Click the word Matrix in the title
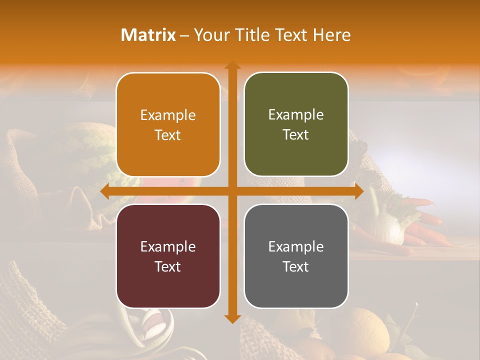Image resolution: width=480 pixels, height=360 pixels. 148,35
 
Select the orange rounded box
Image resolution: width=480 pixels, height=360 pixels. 168,124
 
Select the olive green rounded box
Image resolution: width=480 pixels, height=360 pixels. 296,124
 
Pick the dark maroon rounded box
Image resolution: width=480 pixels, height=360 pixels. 168,256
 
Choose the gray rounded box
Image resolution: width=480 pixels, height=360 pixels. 296,256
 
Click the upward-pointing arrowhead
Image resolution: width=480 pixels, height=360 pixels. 232,65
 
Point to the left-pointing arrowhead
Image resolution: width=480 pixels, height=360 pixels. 104,191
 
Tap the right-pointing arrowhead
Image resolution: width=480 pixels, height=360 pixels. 358,191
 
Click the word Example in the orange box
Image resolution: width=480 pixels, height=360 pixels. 168,115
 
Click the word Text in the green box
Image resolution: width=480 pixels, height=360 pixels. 296,135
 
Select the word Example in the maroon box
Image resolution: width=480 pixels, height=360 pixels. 168,246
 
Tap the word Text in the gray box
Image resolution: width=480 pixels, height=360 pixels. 296,266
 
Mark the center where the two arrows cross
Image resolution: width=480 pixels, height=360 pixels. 232,191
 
